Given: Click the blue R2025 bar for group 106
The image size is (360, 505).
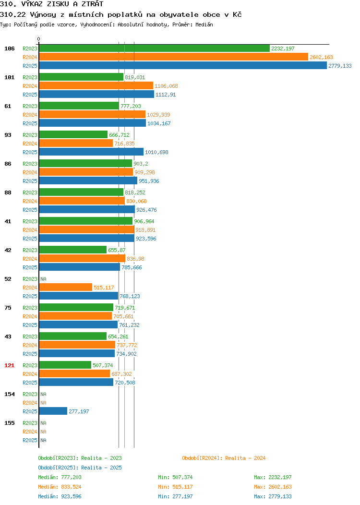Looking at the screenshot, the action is [x=183, y=66].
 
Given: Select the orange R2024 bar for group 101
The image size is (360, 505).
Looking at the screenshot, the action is [x=96, y=85].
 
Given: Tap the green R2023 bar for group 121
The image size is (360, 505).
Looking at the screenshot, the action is [x=65, y=365].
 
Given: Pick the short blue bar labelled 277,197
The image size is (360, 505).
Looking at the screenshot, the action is [x=53, y=411].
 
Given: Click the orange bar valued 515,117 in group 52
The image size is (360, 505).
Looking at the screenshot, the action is [x=66, y=287].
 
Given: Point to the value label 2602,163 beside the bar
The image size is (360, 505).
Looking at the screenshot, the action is [x=321, y=57].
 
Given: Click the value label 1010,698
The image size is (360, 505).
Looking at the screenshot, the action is [x=156, y=152].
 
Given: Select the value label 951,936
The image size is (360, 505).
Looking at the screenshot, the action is [x=149, y=181].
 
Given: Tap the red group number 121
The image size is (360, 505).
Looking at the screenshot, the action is [x=9, y=365].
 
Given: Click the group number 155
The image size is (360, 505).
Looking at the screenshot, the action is [x=9, y=423].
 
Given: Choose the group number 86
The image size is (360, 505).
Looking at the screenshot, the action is [x=8, y=164].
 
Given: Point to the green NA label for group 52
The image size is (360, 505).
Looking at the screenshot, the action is [x=44, y=279].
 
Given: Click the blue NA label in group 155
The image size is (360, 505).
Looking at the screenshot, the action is [x=44, y=440].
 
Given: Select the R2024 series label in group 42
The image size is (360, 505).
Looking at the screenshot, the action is [x=30, y=259].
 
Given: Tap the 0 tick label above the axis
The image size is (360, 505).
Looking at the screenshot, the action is [x=39, y=39].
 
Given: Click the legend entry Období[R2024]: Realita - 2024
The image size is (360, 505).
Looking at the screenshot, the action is [x=224, y=458].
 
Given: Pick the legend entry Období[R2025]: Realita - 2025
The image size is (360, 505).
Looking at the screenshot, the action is [x=80, y=468].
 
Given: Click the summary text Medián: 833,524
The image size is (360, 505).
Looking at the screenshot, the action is [x=60, y=487].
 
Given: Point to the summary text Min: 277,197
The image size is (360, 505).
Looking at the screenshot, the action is [x=175, y=497].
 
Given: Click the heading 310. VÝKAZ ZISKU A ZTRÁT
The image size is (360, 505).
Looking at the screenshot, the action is [x=51, y=4].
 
